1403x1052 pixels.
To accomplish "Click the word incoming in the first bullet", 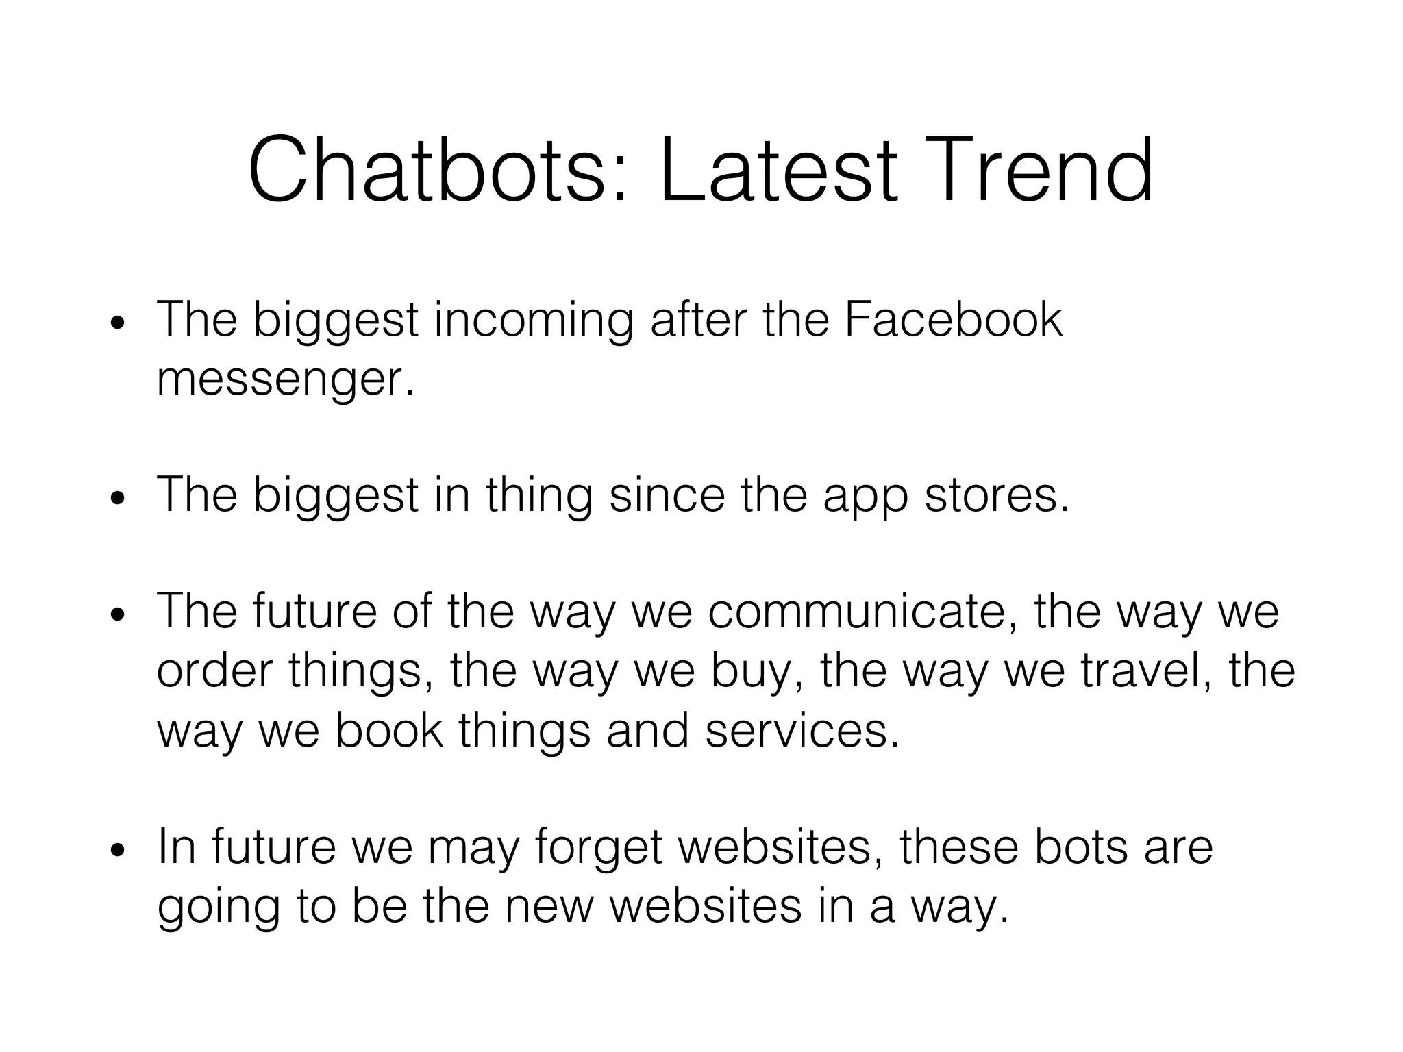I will (x=534, y=321).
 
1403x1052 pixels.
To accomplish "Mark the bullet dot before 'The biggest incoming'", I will (x=118, y=323).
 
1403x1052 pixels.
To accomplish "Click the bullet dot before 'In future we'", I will (x=118, y=850).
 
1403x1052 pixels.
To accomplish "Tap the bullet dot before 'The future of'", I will (x=118, y=614).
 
